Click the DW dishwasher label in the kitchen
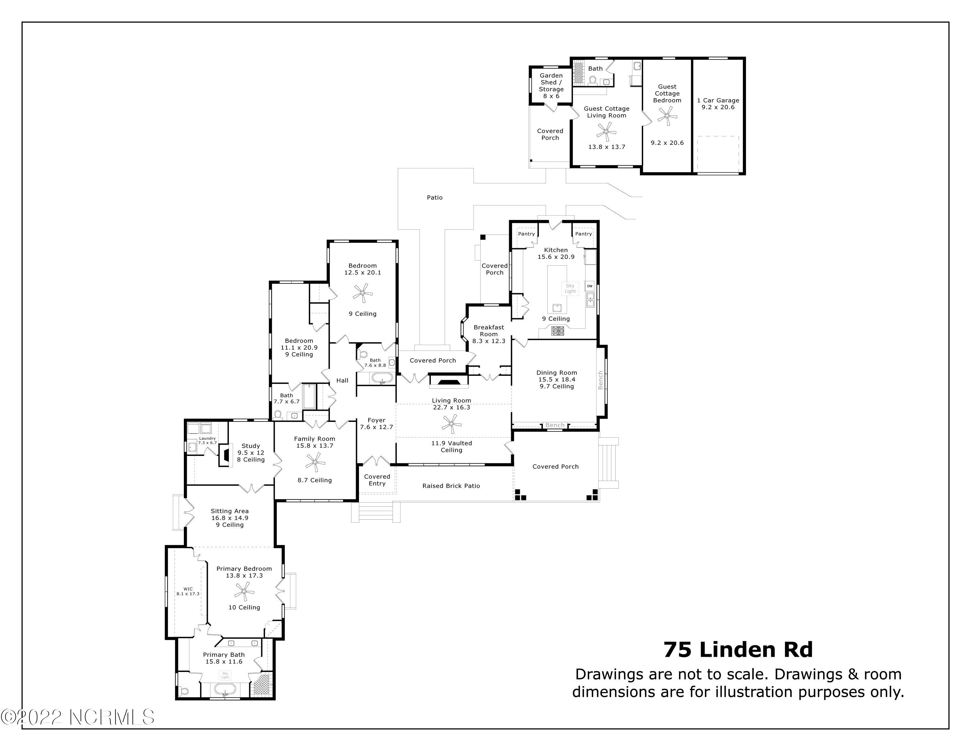pyautogui.click(x=589, y=286)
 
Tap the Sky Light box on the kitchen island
pyautogui.click(x=570, y=288)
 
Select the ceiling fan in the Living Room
pyautogui.click(x=452, y=423)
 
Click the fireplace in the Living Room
pyautogui.click(x=448, y=382)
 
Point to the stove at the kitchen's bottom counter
pyautogui.click(x=558, y=330)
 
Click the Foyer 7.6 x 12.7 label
pyautogui.click(x=376, y=423)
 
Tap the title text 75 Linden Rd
pyautogui.click(x=738, y=650)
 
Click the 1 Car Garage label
pyautogui.click(x=718, y=104)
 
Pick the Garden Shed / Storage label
pyautogui.click(x=551, y=86)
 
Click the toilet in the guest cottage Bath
pyautogui.click(x=592, y=81)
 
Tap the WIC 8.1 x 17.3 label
pyautogui.click(x=188, y=591)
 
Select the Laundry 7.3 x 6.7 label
pyautogui.click(x=207, y=440)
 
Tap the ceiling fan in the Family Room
pyautogui.click(x=315, y=462)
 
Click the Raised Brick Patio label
pyautogui.click(x=451, y=486)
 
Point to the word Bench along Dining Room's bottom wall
pyautogui.click(x=554, y=425)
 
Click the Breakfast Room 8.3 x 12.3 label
pyautogui.click(x=489, y=334)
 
